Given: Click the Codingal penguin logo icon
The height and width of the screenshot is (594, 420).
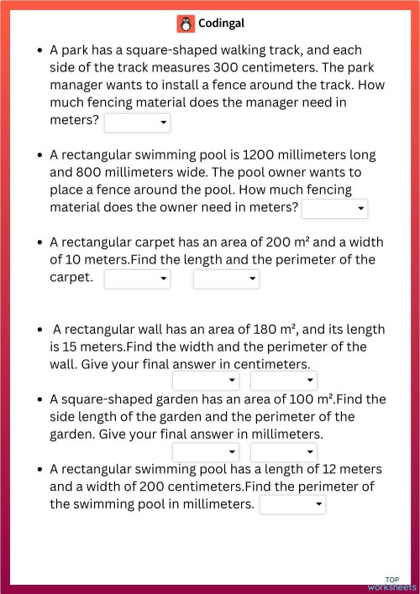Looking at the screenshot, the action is point(185,23).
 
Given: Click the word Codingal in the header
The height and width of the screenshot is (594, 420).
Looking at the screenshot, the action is point(221,23).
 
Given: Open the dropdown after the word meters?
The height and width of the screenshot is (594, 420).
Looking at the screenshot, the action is point(137,123).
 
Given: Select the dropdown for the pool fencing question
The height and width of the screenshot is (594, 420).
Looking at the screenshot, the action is point(334,208).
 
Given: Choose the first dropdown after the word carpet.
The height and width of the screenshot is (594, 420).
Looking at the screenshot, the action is point(137,279).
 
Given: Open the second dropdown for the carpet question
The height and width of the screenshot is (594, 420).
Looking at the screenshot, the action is point(226,279).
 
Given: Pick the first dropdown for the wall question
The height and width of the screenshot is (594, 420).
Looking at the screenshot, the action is point(206,381).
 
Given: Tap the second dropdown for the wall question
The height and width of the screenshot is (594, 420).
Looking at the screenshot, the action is point(283,381).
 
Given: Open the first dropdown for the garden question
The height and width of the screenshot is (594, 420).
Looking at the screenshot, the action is point(206,452).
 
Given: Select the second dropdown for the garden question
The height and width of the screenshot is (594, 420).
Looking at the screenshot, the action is point(283,452).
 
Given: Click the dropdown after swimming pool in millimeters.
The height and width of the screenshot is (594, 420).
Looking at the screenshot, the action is point(292,504).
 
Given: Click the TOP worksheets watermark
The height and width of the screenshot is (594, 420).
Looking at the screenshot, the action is point(391,583).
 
